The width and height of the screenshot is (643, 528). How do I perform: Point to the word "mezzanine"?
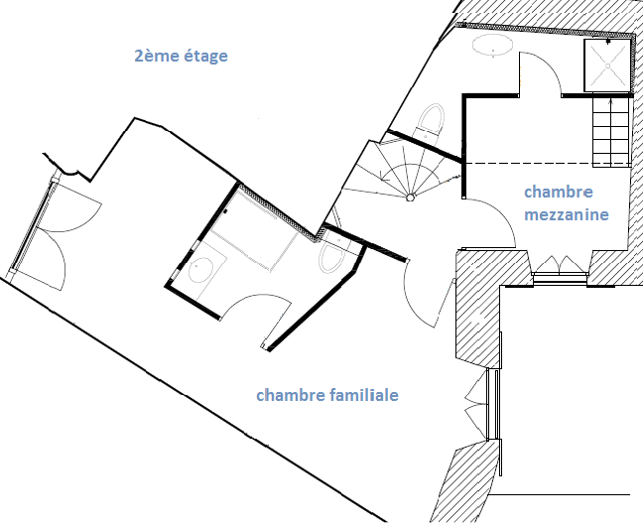point(567,214)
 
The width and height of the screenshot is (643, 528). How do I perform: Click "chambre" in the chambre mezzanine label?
point(559,192)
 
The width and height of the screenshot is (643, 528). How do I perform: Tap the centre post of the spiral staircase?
point(410,198)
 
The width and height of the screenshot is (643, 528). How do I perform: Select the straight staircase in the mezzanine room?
point(611,131)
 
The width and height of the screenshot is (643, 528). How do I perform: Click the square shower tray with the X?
point(607,66)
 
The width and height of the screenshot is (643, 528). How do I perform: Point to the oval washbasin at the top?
point(493,44)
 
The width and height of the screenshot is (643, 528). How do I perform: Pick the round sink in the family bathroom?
point(200,269)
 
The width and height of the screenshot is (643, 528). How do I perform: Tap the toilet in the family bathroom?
point(333,256)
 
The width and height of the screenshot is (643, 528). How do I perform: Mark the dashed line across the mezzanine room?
point(547,164)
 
